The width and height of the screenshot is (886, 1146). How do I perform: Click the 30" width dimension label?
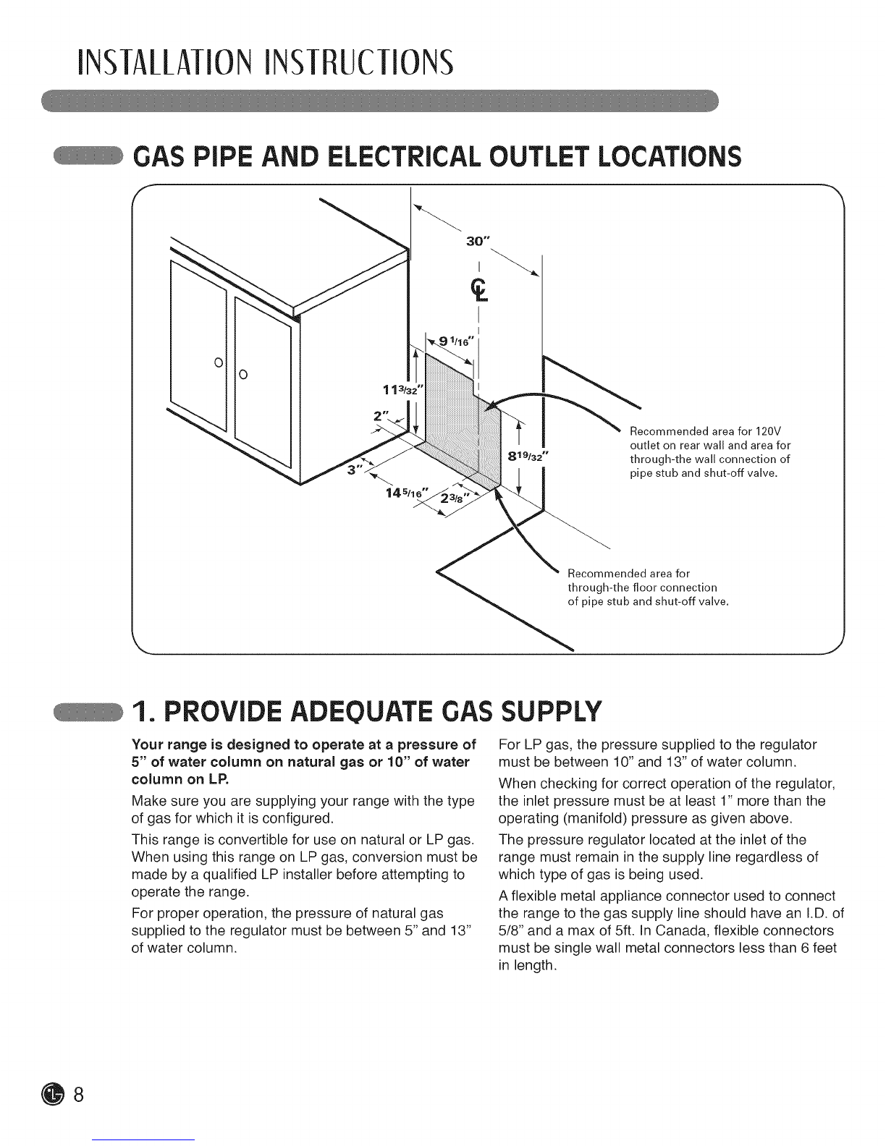point(474,242)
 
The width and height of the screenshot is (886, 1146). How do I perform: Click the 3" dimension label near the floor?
point(355,470)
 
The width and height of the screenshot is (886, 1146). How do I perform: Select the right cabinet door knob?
point(242,374)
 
